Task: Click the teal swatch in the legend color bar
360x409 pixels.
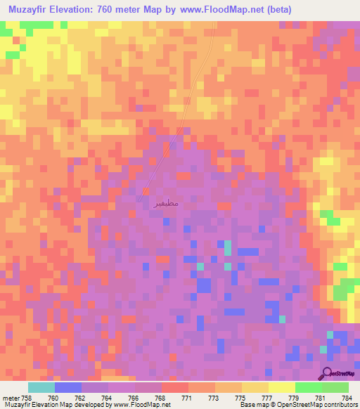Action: (41, 387)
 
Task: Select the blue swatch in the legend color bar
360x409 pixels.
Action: (68, 387)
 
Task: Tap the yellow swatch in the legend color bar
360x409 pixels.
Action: (282, 387)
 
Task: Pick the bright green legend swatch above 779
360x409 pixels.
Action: (309, 387)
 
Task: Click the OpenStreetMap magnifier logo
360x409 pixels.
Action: (328, 373)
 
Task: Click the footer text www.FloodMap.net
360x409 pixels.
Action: (147, 405)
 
